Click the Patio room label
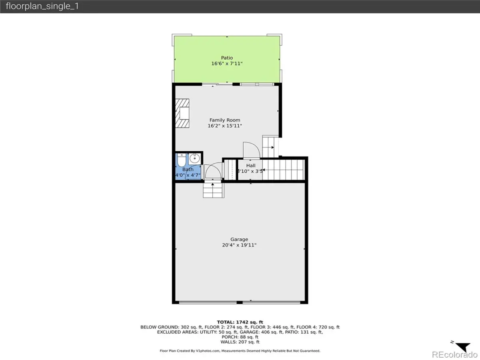coord(227,58)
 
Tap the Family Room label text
coord(225,120)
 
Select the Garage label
coord(239,239)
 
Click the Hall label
coord(251,166)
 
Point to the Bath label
coord(188,169)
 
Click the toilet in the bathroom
coord(182,160)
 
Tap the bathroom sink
coord(194,158)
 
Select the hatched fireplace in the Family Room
coord(182,113)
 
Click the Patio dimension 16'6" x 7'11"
coord(227,64)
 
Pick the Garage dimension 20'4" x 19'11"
coord(239,245)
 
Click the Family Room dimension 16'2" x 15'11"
coord(225,126)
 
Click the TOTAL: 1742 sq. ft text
coord(240,322)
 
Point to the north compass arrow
coord(463,347)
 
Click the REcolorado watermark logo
coord(455,354)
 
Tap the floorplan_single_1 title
coord(42,6)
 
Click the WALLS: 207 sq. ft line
coord(240,342)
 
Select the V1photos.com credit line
coord(240,351)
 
